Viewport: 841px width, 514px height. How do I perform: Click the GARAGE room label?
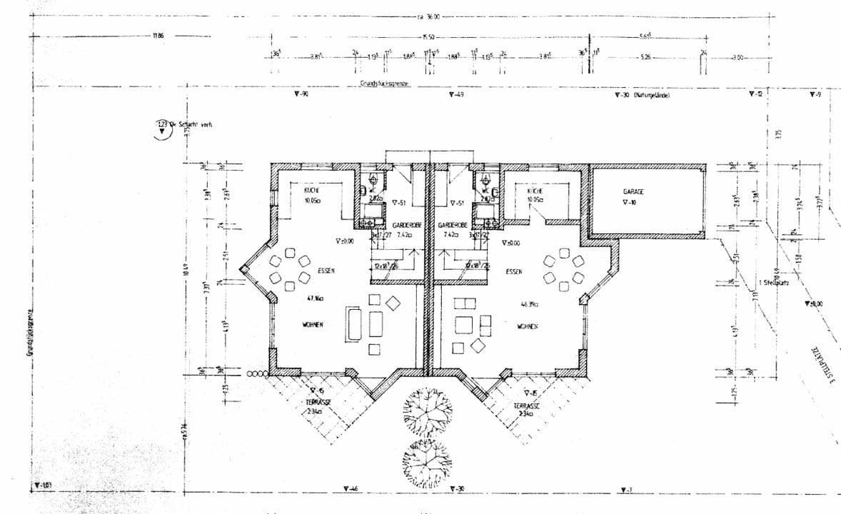pos(633,192)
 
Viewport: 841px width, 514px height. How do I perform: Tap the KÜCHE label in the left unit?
pos(311,191)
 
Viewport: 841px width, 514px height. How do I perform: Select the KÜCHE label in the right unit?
pos(536,191)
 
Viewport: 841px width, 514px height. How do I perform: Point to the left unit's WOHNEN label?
pos(312,324)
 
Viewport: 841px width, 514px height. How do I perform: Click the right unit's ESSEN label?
pos(514,272)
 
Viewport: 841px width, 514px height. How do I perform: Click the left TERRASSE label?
pos(319,403)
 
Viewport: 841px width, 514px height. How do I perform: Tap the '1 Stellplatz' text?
pos(774,282)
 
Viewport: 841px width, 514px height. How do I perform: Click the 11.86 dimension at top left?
pos(158,35)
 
